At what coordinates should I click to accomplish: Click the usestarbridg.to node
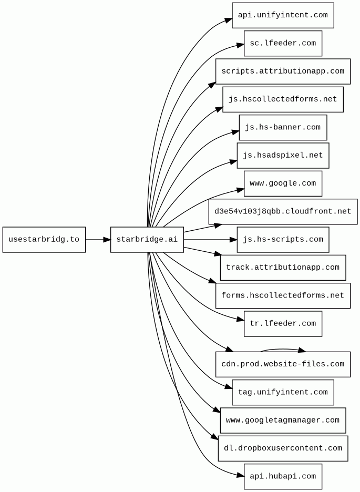click(x=44, y=240)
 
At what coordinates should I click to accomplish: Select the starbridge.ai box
click(x=147, y=240)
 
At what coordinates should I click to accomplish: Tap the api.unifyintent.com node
click(x=283, y=15)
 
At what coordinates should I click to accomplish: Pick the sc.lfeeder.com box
click(x=283, y=43)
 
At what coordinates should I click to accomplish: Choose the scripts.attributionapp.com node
click(x=283, y=71)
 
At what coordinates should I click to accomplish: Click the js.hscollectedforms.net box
click(x=283, y=99)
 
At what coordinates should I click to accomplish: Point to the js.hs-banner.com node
click(x=283, y=128)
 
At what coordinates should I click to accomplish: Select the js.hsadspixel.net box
click(x=283, y=156)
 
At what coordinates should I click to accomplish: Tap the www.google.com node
click(x=283, y=183)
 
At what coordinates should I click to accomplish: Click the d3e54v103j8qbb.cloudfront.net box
click(x=283, y=212)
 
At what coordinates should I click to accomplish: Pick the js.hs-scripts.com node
click(x=283, y=240)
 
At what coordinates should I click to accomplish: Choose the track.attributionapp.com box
click(x=283, y=268)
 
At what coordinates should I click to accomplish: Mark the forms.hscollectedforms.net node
click(x=283, y=296)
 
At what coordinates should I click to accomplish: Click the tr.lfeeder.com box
click(x=283, y=324)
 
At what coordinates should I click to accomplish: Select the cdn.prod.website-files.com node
click(x=283, y=364)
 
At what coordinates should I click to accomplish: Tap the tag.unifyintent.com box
click(x=283, y=393)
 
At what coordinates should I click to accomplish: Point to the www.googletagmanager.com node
click(x=283, y=421)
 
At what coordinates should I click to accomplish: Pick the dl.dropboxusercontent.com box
click(x=283, y=448)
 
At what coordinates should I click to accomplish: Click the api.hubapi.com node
click(x=283, y=477)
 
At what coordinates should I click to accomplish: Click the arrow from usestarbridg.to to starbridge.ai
click(x=98, y=240)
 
